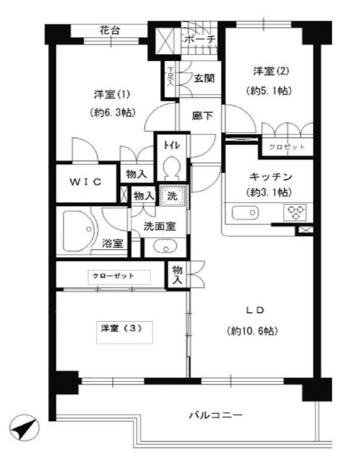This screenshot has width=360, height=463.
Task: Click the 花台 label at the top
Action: tap(110, 30)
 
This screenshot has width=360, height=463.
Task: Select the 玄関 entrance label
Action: tap(203, 79)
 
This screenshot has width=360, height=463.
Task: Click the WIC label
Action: tap(85, 182)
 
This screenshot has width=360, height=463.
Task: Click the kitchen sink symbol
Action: tap(245, 213)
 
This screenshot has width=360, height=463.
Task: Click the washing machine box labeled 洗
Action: tap(173, 194)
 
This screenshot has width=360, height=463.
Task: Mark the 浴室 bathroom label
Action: tap(113, 245)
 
